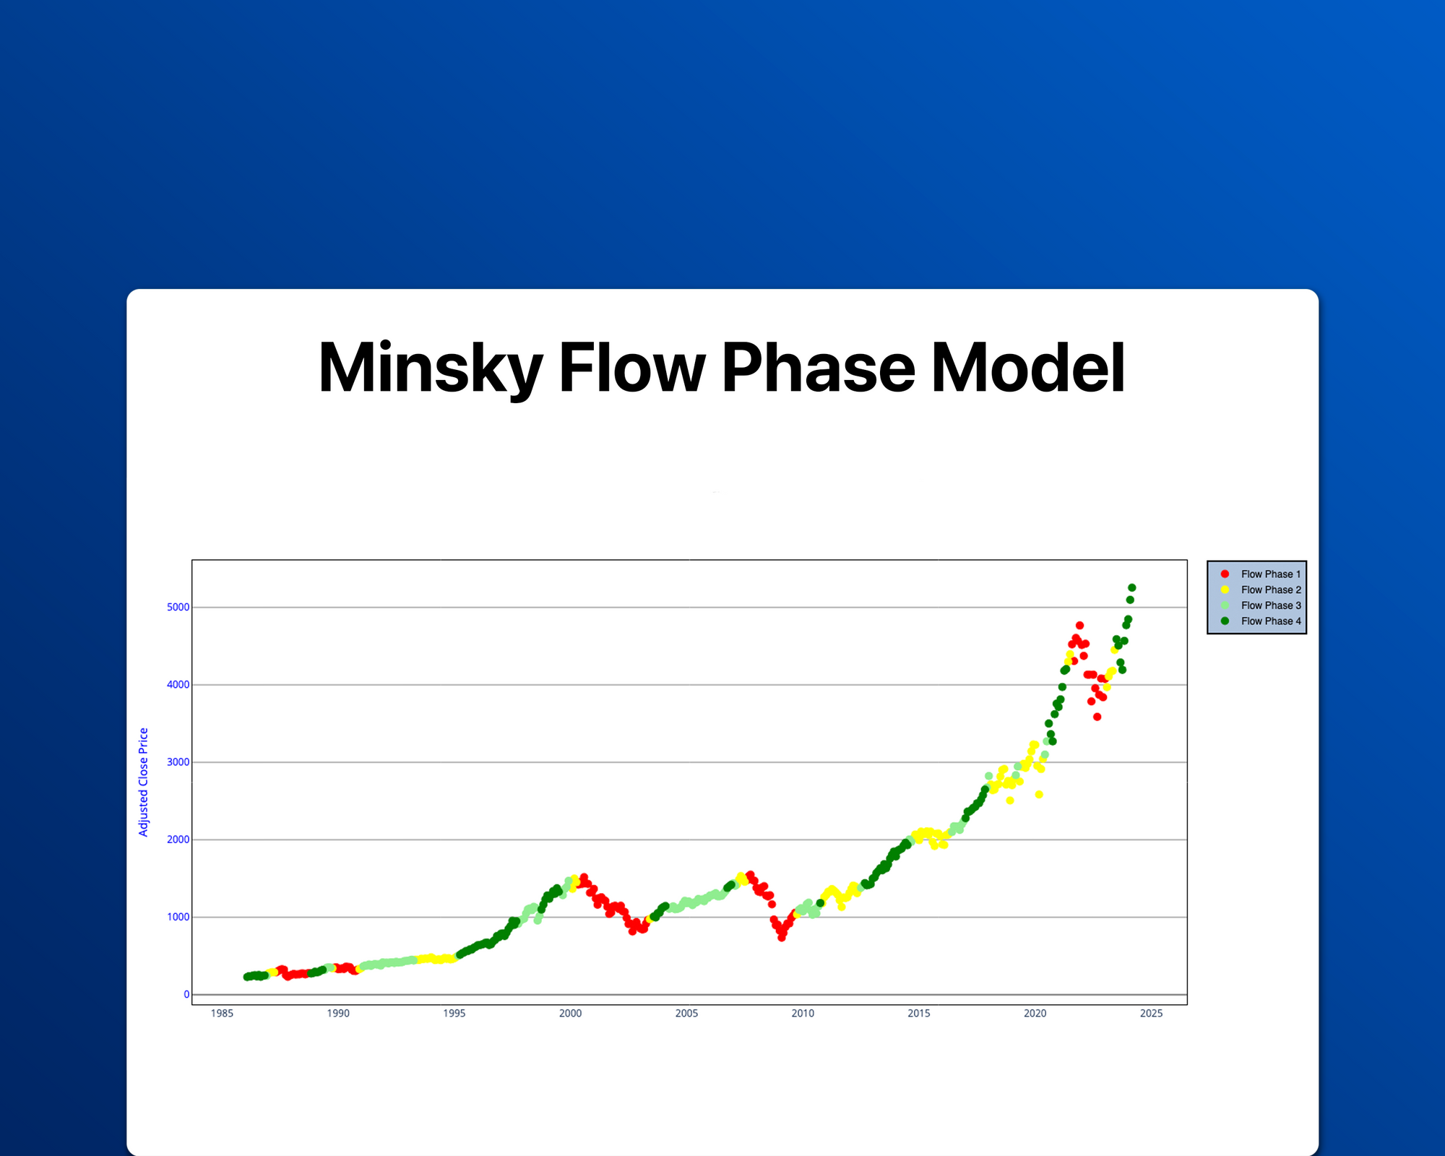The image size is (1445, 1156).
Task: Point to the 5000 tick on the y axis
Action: pyautogui.click(x=178, y=608)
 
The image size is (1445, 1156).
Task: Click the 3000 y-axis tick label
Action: pyautogui.click(x=178, y=762)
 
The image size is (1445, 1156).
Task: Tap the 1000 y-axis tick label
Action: pyautogui.click(x=178, y=918)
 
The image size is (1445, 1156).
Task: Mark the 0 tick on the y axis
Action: pyautogui.click(x=186, y=995)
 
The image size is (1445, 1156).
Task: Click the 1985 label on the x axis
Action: pyautogui.click(x=222, y=1014)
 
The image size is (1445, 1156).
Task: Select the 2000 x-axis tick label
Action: pyautogui.click(x=570, y=1014)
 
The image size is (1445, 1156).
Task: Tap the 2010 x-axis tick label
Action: pyautogui.click(x=803, y=1014)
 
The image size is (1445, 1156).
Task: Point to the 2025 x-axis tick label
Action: pyautogui.click(x=1151, y=1014)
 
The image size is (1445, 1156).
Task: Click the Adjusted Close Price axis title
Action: pyautogui.click(x=144, y=782)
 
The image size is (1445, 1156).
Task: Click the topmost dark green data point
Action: pyautogui.click(x=1131, y=588)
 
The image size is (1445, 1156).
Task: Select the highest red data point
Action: pyautogui.click(x=1079, y=626)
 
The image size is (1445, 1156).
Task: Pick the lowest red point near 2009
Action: pyautogui.click(x=782, y=937)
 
